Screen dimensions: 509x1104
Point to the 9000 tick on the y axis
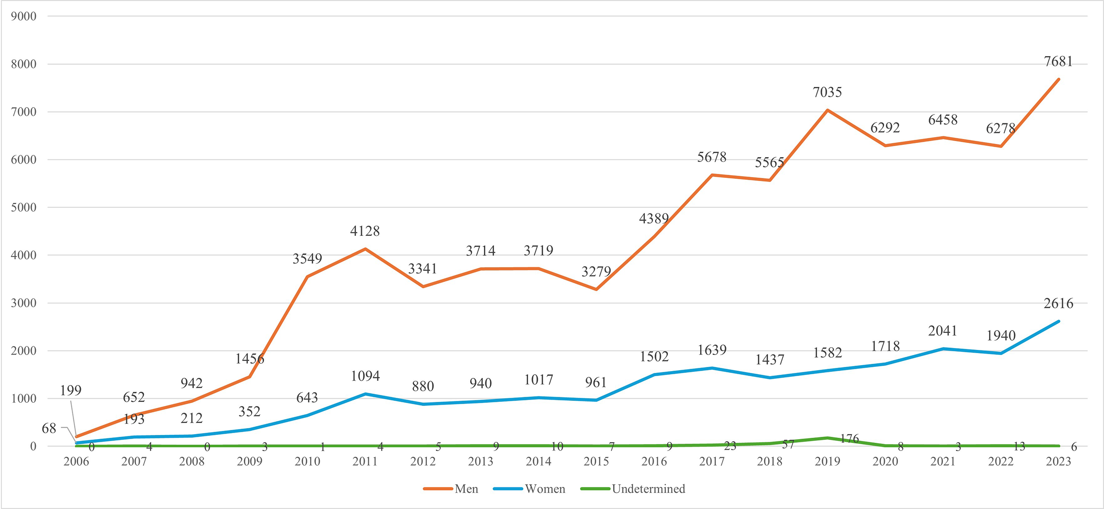click(24, 17)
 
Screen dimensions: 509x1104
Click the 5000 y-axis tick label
click(24, 207)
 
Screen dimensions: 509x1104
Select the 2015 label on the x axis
click(596, 461)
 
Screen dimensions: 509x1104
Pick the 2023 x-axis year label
click(1058, 461)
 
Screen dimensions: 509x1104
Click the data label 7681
click(1058, 62)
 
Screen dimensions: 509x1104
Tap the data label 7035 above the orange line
click(827, 92)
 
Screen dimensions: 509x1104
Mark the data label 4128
click(365, 231)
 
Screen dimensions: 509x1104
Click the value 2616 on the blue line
click(1058, 303)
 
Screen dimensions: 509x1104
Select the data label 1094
click(365, 376)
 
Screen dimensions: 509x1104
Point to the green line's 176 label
click(849, 439)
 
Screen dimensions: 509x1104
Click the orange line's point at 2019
click(827, 110)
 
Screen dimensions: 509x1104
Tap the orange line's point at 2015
click(596, 290)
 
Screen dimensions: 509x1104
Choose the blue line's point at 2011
click(365, 394)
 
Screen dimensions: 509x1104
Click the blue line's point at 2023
click(1058, 321)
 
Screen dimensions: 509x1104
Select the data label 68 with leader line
click(49, 429)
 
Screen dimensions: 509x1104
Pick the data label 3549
click(307, 258)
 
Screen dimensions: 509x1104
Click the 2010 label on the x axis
click(307, 461)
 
